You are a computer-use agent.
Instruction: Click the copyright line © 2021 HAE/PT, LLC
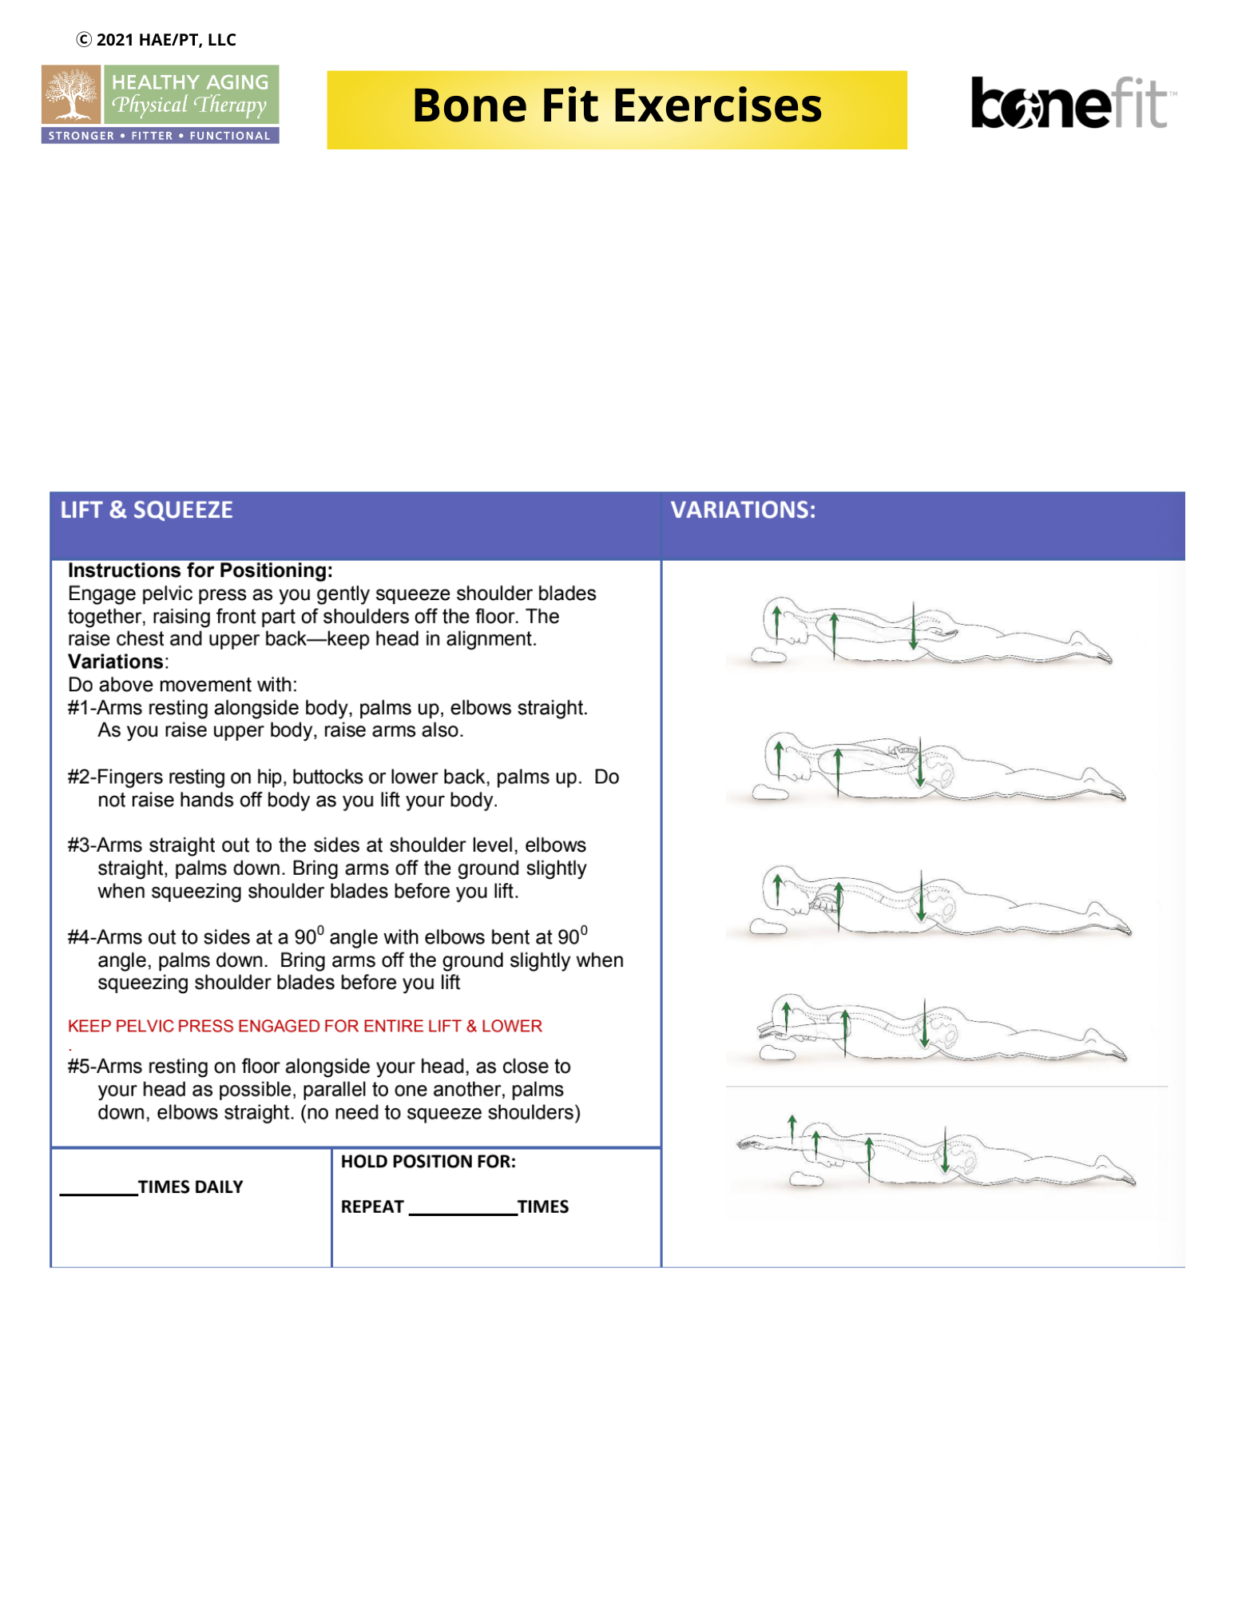click(157, 39)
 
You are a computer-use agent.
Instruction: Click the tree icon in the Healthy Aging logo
click(71, 94)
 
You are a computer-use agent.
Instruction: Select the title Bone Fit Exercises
click(617, 107)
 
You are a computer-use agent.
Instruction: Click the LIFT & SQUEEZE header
click(147, 510)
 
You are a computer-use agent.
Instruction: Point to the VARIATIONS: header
click(743, 510)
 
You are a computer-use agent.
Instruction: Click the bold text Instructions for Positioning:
click(200, 570)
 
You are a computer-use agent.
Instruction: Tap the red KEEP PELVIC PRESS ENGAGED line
click(304, 1026)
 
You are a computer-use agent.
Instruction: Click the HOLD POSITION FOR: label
click(428, 1161)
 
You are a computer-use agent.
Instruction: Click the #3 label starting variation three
click(80, 845)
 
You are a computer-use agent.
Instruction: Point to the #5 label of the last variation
click(80, 1067)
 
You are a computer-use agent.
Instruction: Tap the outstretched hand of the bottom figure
click(748, 1145)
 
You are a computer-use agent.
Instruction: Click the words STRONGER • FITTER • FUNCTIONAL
click(160, 136)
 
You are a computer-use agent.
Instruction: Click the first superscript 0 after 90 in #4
click(320, 929)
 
